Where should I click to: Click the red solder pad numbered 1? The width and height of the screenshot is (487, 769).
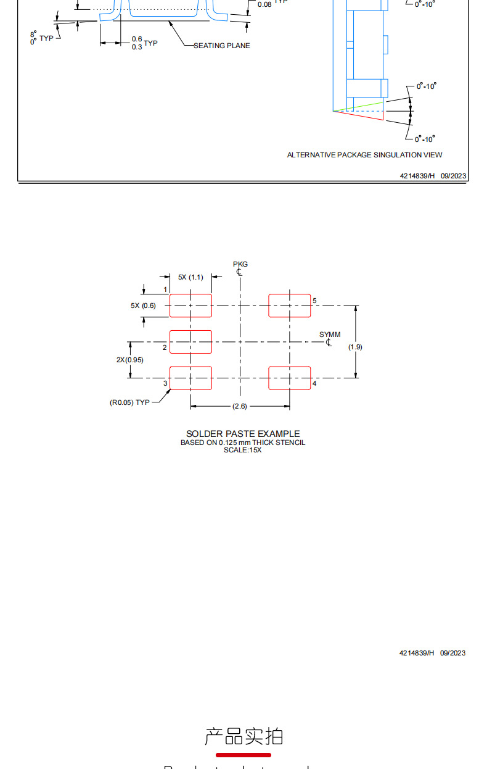(190, 306)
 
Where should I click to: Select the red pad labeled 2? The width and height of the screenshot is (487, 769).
(190, 342)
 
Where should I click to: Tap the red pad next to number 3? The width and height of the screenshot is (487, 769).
(190, 378)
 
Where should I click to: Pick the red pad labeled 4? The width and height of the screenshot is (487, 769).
(289, 378)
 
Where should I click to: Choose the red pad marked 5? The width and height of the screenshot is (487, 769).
(289, 306)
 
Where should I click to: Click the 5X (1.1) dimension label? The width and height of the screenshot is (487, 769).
(190, 277)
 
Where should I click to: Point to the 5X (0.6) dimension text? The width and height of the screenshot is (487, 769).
(143, 306)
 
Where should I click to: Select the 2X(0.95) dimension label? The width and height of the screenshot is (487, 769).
(129, 360)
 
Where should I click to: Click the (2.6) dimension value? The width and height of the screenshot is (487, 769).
(240, 406)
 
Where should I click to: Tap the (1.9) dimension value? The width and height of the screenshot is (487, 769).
(355, 347)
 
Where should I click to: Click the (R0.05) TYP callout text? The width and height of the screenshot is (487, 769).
(129, 402)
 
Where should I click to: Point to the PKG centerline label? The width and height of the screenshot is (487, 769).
(240, 264)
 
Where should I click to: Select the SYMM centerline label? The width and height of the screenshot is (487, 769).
(330, 335)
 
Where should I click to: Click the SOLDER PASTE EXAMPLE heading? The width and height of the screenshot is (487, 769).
(243, 434)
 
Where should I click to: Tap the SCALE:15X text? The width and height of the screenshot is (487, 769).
(243, 450)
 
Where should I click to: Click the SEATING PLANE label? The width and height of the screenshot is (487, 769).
(222, 46)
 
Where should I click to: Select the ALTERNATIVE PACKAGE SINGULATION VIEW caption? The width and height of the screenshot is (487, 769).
(364, 155)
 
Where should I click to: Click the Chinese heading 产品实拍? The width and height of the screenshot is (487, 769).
(243, 736)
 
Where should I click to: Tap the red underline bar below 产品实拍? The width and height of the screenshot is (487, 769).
(243, 755)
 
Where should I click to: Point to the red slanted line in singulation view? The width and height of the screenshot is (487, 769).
(358, 116)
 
